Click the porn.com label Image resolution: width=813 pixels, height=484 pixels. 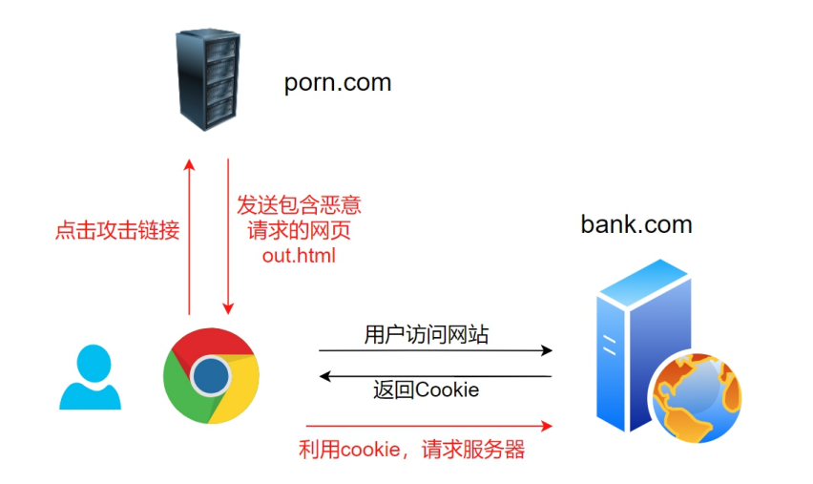338,82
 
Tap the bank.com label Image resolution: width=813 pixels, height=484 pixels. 636,224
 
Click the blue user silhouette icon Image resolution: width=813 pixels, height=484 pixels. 91,377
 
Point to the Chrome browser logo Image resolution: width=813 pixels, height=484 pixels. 211,376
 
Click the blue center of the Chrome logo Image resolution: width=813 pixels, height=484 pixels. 211,376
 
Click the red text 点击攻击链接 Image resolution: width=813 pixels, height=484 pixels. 117,230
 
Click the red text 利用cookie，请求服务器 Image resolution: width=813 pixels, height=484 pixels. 411,450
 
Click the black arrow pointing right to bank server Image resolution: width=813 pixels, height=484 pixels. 435,350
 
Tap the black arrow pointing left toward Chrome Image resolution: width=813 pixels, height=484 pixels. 435,376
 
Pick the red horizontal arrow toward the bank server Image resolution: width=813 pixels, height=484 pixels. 429,425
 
